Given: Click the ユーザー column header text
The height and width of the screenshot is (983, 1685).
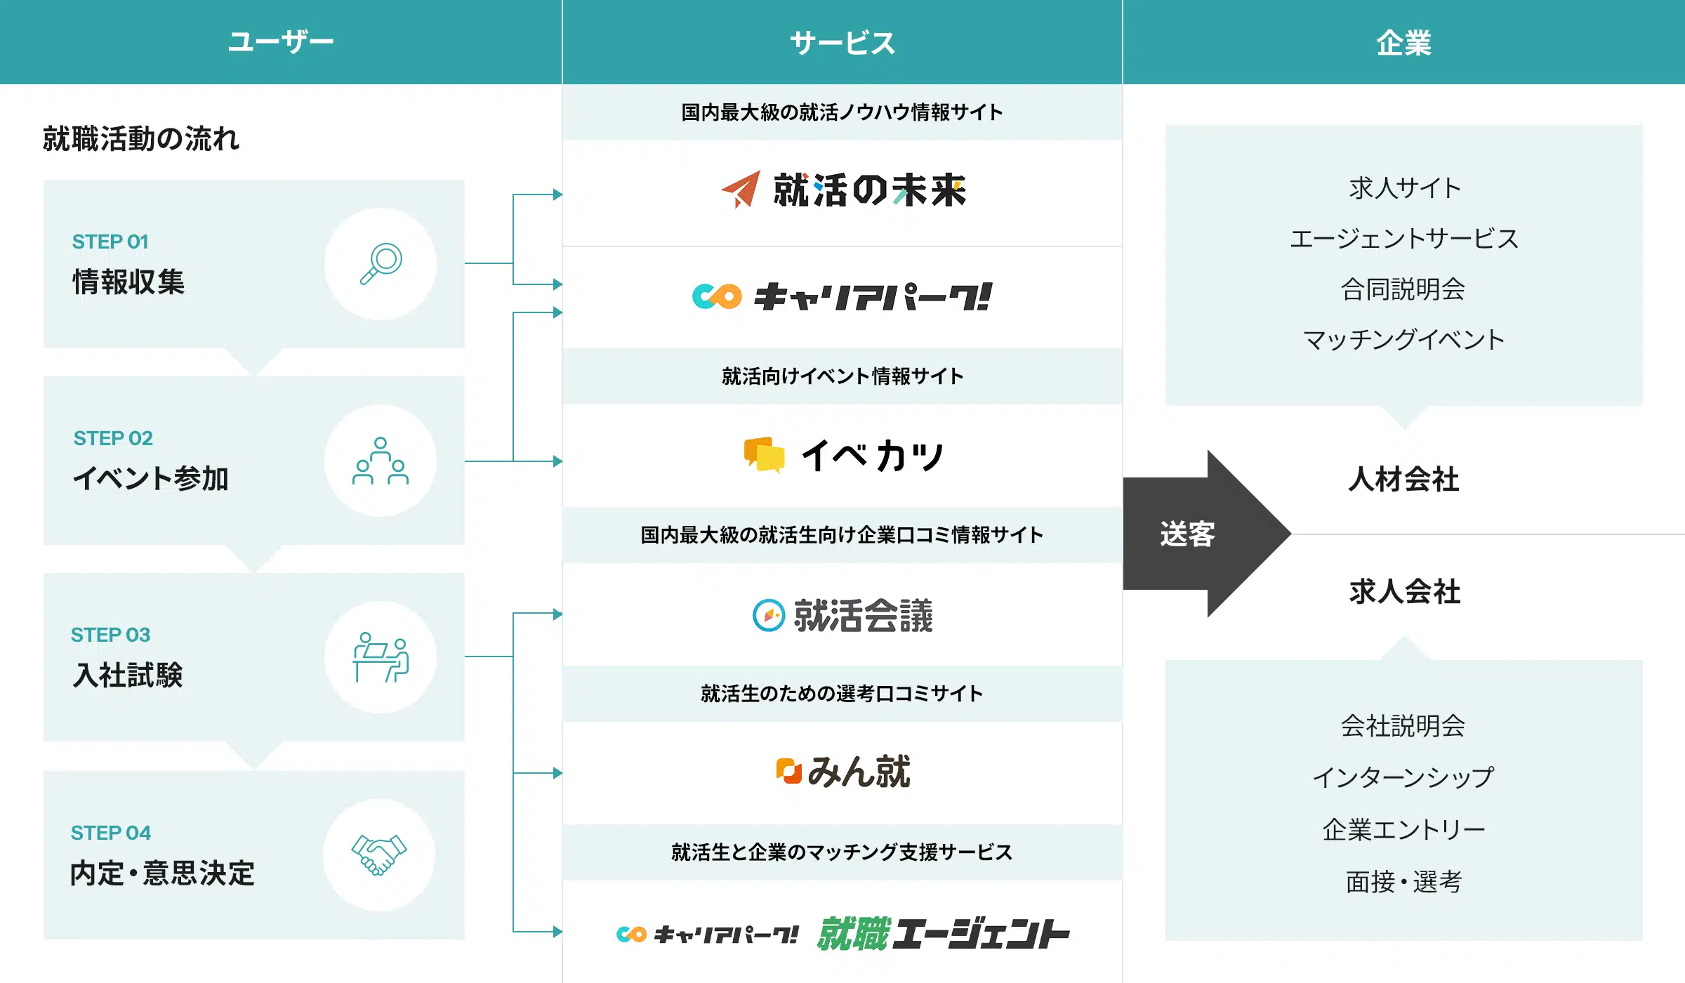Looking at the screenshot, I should (281, 42).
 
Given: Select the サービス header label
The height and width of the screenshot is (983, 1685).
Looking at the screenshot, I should (842, 43).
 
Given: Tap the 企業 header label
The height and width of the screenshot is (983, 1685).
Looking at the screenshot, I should (1403, 43).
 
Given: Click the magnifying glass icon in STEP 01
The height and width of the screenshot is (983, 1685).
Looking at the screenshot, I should (381, 263).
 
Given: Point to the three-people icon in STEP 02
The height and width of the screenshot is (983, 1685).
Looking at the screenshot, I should (381, 461).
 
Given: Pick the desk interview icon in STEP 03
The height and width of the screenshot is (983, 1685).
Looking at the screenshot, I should (381, 657).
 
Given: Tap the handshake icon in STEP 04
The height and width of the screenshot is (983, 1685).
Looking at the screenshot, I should (379, 855).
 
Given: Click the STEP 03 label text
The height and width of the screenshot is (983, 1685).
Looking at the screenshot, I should (110, 635).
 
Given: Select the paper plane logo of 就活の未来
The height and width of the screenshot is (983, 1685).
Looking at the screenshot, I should (741, 189).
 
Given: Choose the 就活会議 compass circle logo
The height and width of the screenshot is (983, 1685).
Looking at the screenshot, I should (768, 615).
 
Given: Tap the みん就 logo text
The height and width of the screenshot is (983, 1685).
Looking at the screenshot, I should (859, 772).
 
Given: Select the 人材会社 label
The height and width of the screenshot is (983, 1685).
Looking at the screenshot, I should (1403, 480).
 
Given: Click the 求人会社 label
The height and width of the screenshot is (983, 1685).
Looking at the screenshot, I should (1404, 592).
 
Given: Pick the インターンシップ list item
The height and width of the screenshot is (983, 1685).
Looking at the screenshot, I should (1403, 777).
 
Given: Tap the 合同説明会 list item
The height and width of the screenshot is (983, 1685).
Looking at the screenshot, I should (1403, 289).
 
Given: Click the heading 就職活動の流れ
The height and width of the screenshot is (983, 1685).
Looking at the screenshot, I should (141, 138).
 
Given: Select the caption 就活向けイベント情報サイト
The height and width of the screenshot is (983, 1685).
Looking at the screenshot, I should (842, 376).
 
